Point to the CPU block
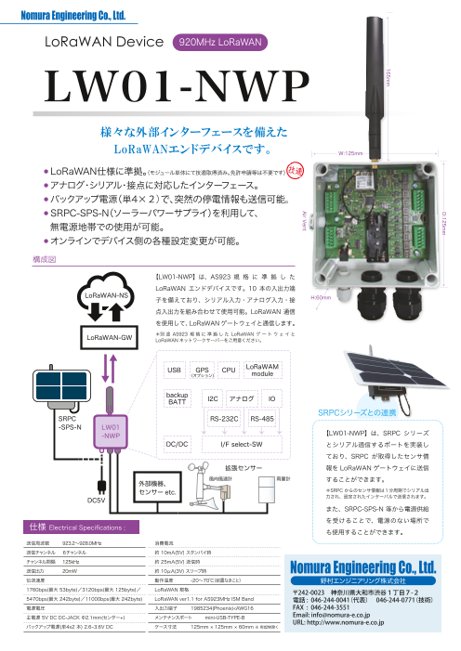coord(229,396)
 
